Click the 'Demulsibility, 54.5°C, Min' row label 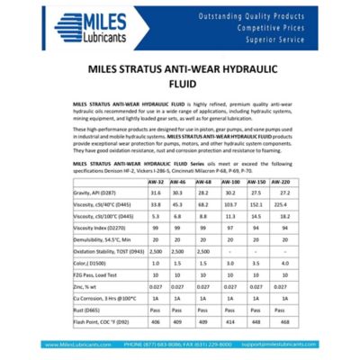click(x=105, y=240)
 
